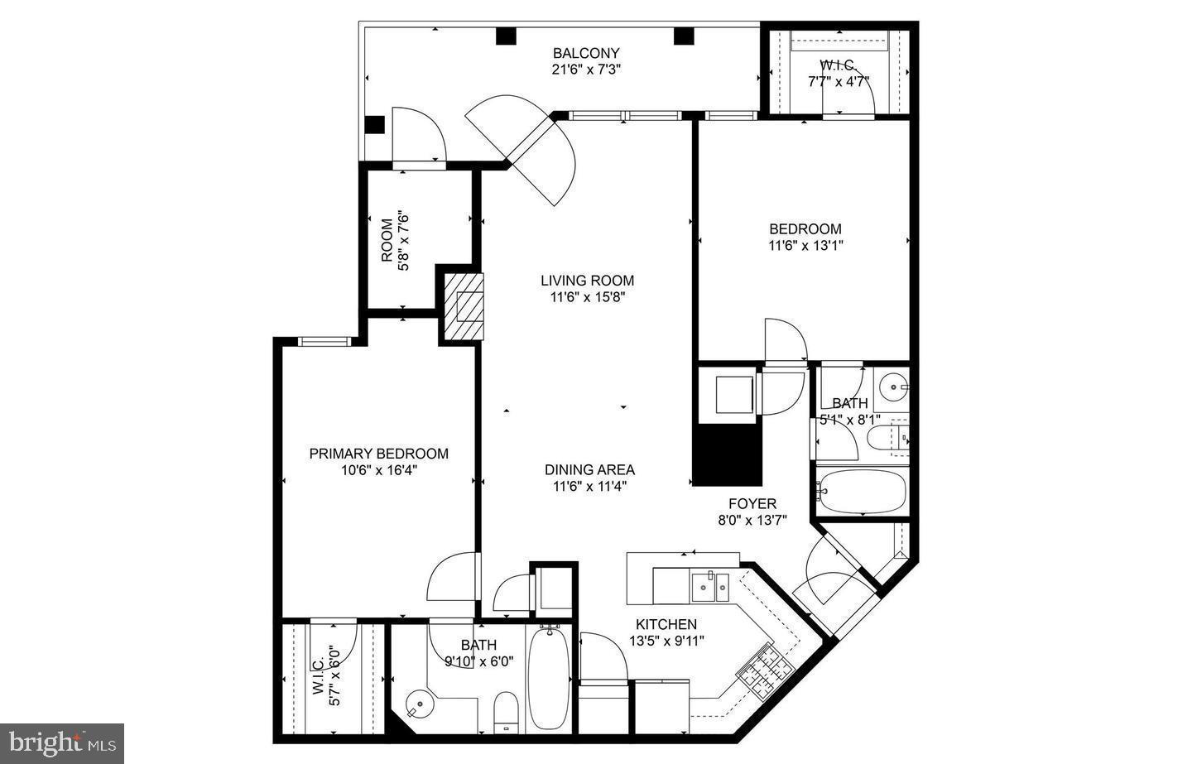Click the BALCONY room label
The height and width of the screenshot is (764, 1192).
(x=586, y=53)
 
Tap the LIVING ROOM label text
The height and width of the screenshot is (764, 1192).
(x=587, y=281)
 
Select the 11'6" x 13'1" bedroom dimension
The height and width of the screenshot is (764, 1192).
(x=805, y=245)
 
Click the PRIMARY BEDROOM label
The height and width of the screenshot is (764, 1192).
(x=378, y=454)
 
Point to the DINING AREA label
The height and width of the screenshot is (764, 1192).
(x=589, y=469)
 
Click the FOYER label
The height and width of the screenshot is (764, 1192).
(x=752, y=503)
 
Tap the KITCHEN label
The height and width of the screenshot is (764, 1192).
(x=666, y=624)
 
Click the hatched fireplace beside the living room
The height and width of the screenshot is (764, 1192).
(x=462, y=305)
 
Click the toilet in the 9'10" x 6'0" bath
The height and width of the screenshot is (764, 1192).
(x=505, y=714)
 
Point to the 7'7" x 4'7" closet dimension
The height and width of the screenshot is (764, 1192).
(x=838, y=81)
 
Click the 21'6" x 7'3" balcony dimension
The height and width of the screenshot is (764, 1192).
(x=586, y=70)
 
